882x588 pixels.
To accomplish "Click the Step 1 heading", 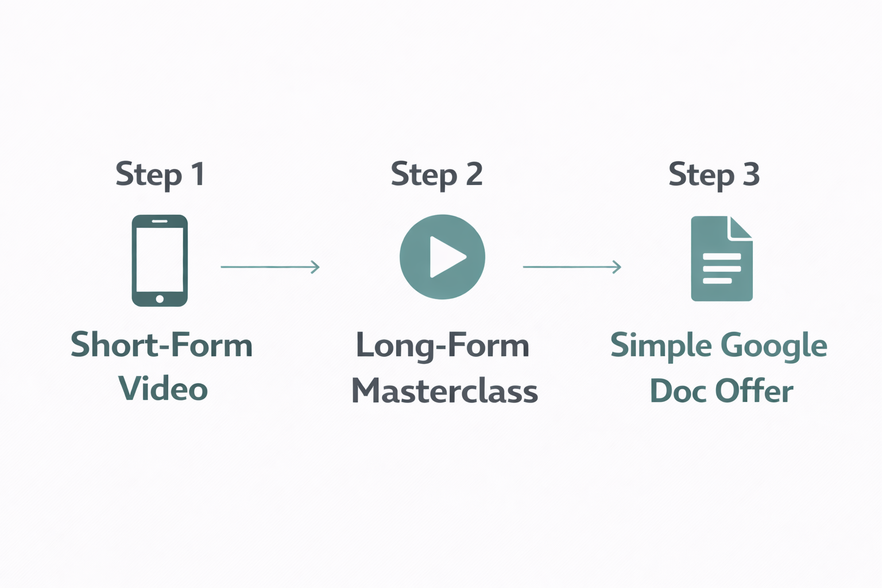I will (160, 174).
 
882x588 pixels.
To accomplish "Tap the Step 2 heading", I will (436, 174).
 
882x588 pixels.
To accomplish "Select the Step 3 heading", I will (714, 174).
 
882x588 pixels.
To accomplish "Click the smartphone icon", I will (160, 260).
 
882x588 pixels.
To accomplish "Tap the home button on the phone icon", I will (160, 299).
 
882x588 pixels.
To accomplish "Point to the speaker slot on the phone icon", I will (160, 221).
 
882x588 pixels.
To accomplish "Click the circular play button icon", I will (442, 257).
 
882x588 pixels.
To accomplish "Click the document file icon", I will (721, 258).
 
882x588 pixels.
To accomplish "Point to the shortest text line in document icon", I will (717, 281).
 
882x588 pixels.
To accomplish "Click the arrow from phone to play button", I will (270, 267).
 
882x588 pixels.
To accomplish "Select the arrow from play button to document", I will (572, 267).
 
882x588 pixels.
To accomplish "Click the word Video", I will (163, 389).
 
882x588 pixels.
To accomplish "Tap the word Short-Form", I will (161, 345).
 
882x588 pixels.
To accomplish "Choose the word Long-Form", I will (442, 345).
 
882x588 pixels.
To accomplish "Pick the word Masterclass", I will (444, 391).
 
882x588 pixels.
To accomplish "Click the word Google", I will (773, 346).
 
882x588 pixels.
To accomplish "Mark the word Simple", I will (661, 346).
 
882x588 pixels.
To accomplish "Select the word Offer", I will (754, 391).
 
